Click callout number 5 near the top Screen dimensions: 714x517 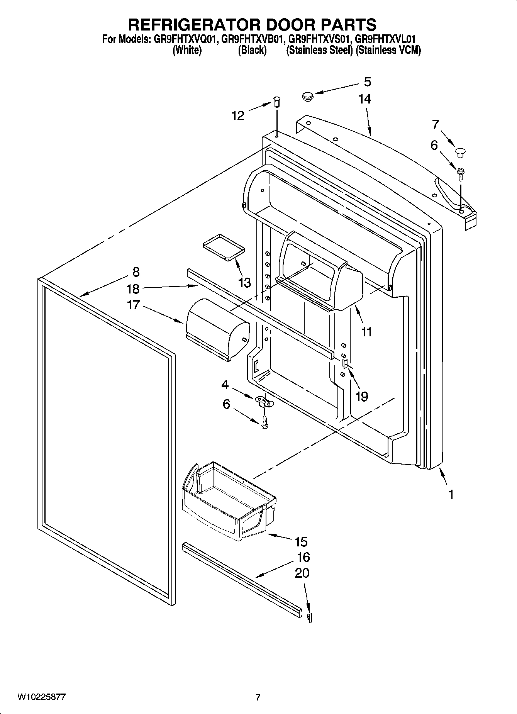pos(367,82)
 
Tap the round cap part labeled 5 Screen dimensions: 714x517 pos(307,95)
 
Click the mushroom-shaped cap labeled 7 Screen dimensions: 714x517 pos(460,152)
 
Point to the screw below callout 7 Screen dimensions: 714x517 pos(461,173)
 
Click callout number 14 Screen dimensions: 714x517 pos(364,99)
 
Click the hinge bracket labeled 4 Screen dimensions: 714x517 pos(264,401)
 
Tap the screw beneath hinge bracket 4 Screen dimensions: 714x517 pos(264,422)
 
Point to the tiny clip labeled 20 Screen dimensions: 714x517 pos(309,617)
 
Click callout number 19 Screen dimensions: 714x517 pos(361,396)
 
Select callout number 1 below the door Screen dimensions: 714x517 pos(451,494)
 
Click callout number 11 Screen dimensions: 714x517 pos(366,331)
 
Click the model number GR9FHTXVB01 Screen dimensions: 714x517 pos(253,39)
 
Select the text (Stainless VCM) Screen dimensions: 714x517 pos(388,50)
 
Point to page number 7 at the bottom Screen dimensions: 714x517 pos(258,697)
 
